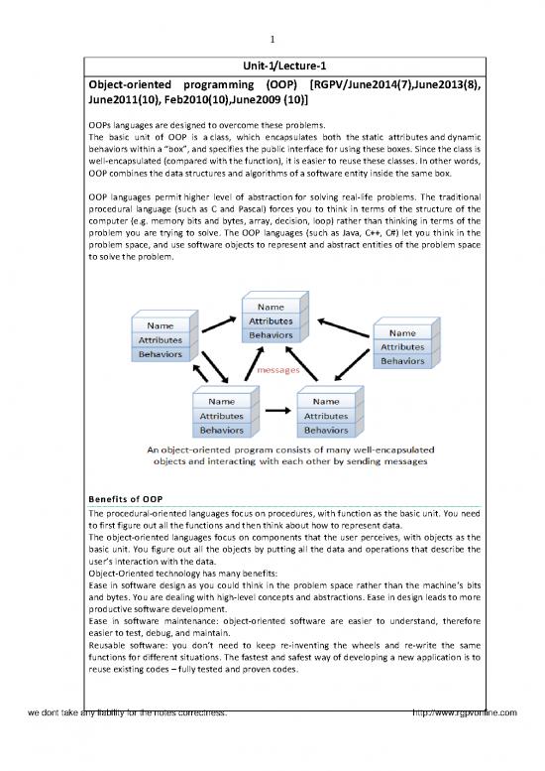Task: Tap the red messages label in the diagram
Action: click(278, 370)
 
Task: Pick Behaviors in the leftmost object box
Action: click(165, 353)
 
